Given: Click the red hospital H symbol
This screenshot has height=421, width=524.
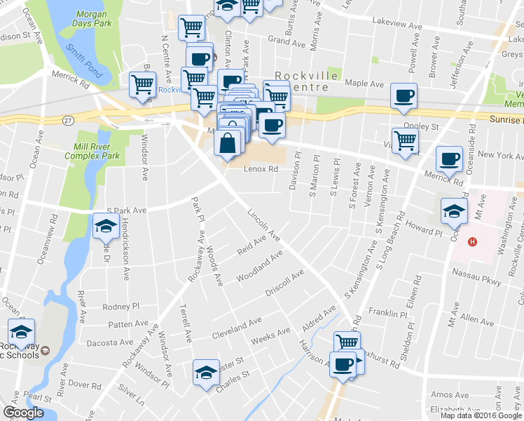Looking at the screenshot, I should [x=472, y=242].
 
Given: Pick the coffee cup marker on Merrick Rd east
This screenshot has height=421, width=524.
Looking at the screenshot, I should [x=448, y=158].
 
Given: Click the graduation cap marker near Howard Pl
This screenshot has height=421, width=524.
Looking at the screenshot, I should [x=454, y=209].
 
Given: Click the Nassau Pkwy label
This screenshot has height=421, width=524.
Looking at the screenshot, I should [x=478, y=276].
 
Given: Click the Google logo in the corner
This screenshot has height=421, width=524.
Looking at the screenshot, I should [x=23, y=412].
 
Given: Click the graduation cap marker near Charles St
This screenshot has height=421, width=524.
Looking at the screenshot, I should [x=206, y=371].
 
